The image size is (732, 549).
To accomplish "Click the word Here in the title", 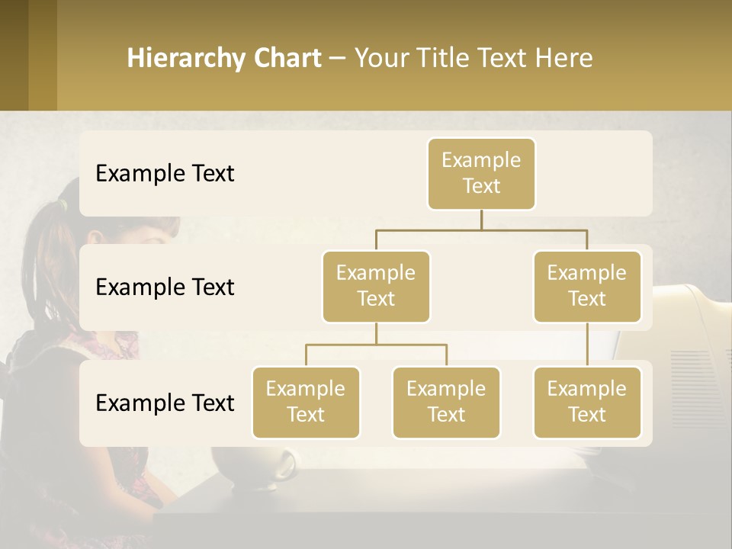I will (x=563, y=59).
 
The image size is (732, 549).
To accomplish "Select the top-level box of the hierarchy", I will (x=481, y=174).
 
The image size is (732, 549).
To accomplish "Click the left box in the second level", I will (x=376, y=286).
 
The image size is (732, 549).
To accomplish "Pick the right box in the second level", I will (x=587, y=286).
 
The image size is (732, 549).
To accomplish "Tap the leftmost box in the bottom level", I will (x=306, y=402).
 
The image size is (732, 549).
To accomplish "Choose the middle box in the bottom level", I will (x=446, y=402).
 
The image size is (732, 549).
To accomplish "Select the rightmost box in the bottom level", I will (x=587, y=402).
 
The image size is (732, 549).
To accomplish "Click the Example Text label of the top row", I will (x=165, y=174).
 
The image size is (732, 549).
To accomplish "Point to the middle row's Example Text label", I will (x=165, y=287).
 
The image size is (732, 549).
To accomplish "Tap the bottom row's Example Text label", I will (x=165, y=403).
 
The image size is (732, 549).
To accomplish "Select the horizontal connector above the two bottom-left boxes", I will (x=376, y=345).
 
